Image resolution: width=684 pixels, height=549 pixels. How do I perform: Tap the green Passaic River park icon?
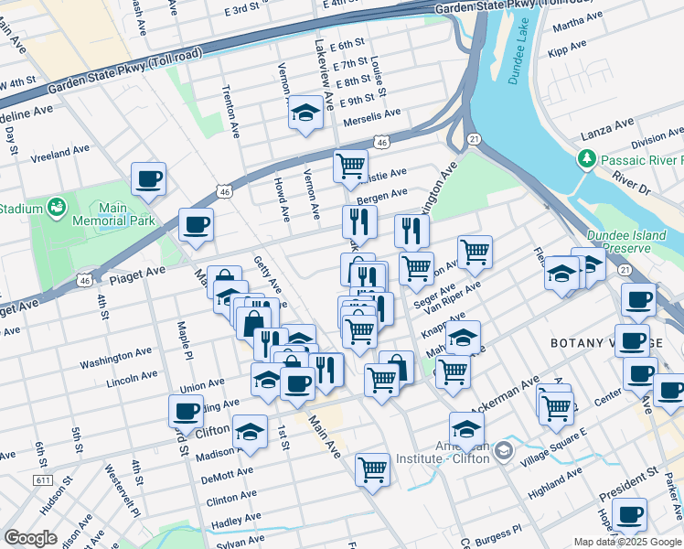[587, 160]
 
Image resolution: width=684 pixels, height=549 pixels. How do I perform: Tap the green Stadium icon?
[57, 209]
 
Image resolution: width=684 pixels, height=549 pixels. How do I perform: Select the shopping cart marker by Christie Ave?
[350, 167]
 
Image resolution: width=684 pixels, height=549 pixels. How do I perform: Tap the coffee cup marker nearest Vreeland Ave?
[148, 179]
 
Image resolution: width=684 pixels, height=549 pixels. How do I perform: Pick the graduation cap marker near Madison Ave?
[250, 432]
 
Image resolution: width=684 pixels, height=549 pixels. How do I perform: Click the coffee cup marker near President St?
[628, 515]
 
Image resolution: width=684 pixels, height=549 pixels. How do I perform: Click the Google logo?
[29, 538]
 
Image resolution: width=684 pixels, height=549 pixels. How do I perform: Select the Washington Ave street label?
[115, 358]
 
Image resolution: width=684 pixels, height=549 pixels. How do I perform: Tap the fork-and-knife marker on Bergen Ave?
[359, 221]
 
